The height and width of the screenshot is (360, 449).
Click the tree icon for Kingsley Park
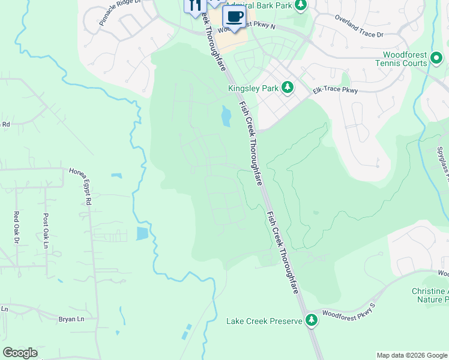(288, 88)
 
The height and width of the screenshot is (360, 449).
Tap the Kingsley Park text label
(253, 88)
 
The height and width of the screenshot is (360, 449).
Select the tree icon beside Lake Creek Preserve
(311, 320)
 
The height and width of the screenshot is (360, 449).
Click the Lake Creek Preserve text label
(264, 321)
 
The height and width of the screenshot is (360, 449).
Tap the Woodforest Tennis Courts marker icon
(437, 59)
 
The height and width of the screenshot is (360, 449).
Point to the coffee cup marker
(233, 17)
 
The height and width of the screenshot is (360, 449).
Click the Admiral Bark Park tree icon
(301, 6)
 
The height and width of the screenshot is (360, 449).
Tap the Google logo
(20, 353)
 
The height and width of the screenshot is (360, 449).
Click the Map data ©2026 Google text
(411, 355)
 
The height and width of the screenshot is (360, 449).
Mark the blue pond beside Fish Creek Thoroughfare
(226, 116)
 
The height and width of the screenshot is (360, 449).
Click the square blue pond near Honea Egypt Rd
(142, 233)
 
